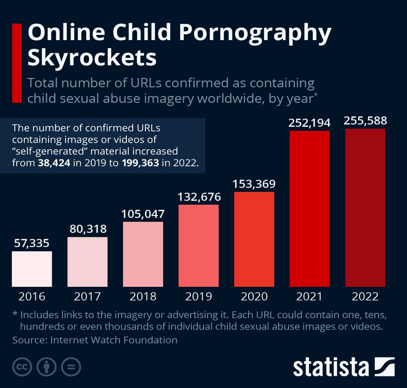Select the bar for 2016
point(32,269)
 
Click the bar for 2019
point(198,245)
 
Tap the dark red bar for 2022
point(365,207)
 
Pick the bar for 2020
point(254,239)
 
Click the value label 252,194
point(309,123)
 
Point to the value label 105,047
point(143,214)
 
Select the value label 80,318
point(88,229)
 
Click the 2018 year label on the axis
point(143,296)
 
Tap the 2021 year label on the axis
point(309,296)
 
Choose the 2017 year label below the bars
point(88,296)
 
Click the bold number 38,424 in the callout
point(54,163)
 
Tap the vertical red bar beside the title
point(17,63)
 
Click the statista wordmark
point(331,367)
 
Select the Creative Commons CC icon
point(22,367)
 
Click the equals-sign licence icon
point(71,367)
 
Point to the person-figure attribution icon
point(46,367)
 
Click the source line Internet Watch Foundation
point(95,340)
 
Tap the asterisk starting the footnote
point(15,314)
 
